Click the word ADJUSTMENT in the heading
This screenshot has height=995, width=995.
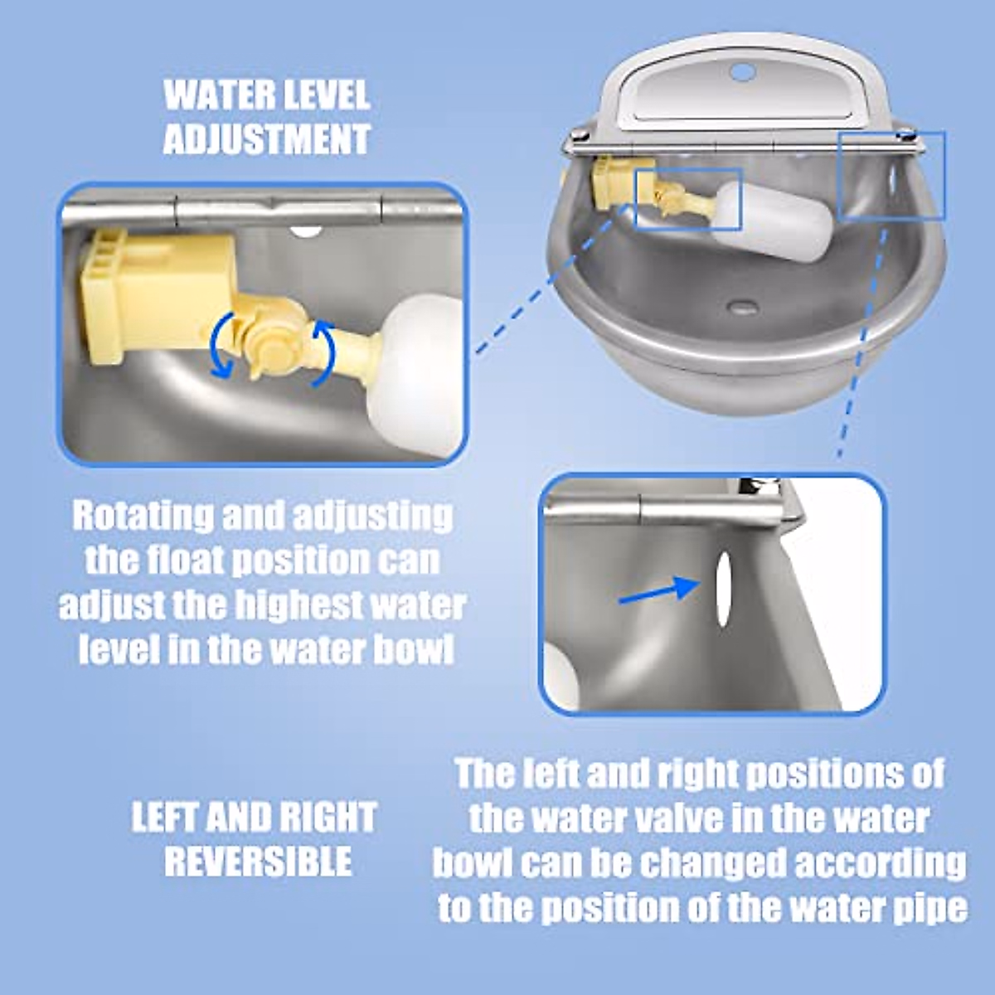tap(266, 138)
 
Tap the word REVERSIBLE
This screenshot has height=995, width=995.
tap(258, 862)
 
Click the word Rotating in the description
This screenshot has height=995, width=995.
tap(141, 516)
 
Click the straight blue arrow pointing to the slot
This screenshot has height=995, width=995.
tap(660, 590)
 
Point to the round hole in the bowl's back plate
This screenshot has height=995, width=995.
tap(744, 72)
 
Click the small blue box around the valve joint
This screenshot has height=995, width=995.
tap(687, 199)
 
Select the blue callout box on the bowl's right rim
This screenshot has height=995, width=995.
tap(891, 175)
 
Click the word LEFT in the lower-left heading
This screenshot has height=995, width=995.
tap(164, 818)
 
